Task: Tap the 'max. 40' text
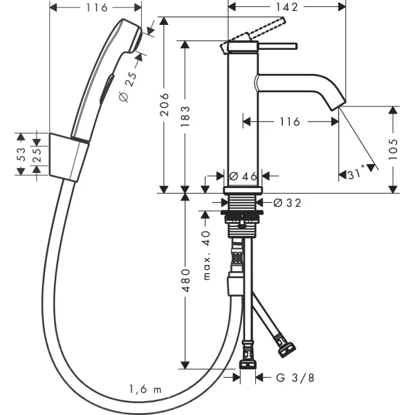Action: tap(207, 253)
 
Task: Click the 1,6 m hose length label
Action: tap(146, 389)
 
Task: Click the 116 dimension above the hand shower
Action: tap(98, 8)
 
